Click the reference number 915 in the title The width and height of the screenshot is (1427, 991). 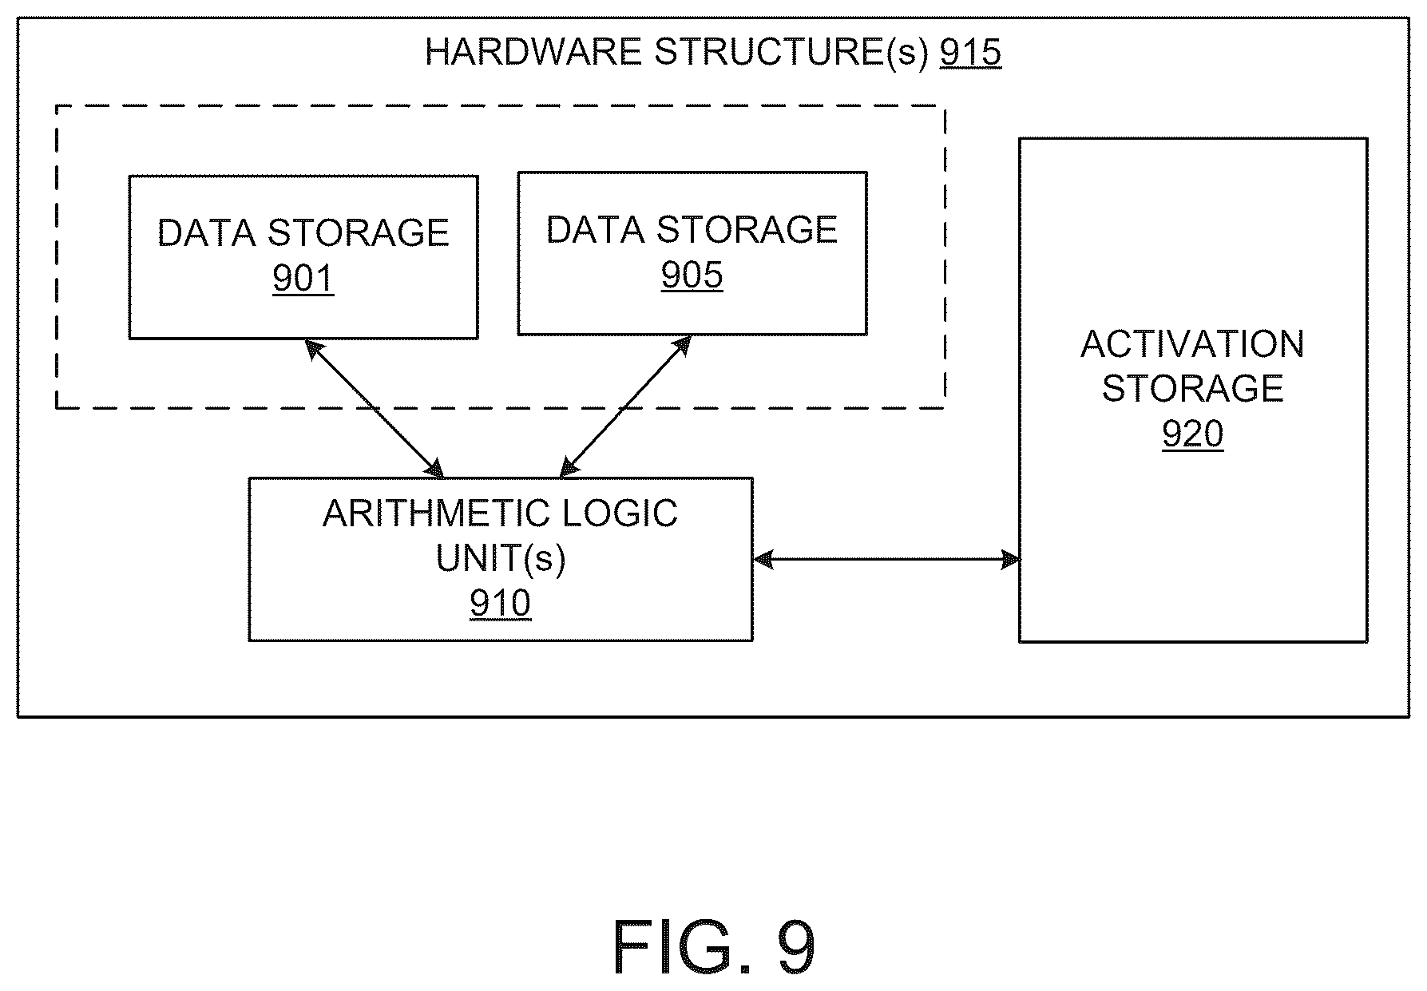pos(970,53)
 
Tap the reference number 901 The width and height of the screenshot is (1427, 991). pos(303,279)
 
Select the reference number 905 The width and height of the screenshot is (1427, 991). pos(692,275)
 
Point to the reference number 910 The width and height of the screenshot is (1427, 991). pos(501,604)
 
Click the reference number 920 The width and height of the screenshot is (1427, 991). pos(1193,434)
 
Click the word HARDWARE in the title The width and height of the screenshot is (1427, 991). pos(533,53)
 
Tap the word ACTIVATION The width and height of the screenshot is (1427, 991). pos(1193,345)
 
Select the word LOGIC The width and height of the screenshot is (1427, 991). pos(620,514)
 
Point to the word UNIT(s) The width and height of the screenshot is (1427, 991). pos(501,559)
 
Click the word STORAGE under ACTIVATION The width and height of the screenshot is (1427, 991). pos(1193,389)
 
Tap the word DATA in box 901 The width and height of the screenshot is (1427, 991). pos(206,233)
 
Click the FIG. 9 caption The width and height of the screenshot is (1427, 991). pos(714,948)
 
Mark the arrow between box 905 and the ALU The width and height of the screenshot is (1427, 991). pos(626,406)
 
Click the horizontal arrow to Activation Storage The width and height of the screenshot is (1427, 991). pos(886,560)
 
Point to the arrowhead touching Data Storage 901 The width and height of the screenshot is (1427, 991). pos(313,347)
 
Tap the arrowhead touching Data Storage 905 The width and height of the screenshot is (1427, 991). pos(682,345)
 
